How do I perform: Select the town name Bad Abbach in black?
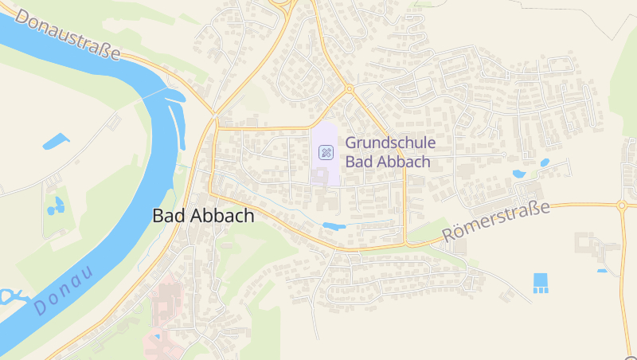coord(203,215)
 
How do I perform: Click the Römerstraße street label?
coord(496,222)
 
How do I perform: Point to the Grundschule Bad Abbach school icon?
coord(326,151)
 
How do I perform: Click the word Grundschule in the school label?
coord(389,143)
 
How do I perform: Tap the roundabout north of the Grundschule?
coord(348,88)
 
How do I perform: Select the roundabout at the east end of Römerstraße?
coord(621,205)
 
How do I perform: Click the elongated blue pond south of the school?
coord(334,226)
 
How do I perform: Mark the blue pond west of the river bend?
coord(55,143)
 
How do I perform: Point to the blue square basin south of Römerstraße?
coord(541,281)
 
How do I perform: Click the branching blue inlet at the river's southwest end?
coord(11,297)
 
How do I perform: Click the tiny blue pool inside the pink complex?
coord(157,337)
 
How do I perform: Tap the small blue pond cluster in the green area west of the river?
coord(55,207)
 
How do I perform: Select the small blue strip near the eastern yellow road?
coord(602,271)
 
